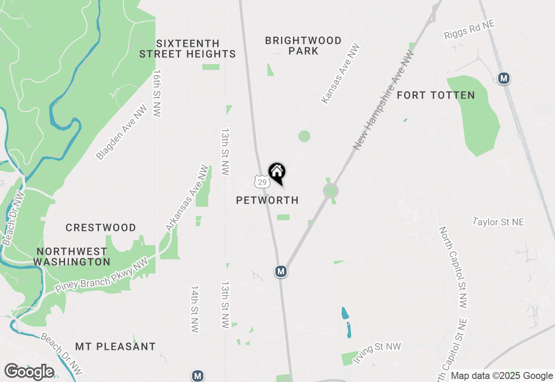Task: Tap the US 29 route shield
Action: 261,182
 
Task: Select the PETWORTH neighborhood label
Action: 268,200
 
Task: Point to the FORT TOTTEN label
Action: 436,95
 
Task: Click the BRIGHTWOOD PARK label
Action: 303,46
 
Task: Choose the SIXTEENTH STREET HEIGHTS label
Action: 188,49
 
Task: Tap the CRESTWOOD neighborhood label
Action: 101,227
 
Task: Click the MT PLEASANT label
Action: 115,346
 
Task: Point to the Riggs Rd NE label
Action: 469,30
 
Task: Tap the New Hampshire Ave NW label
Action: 384,100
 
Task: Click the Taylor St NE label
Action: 498,222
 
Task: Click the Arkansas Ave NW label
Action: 187,198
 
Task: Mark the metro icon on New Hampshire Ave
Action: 281,271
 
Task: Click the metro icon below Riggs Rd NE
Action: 503,78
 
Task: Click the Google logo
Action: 29,372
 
